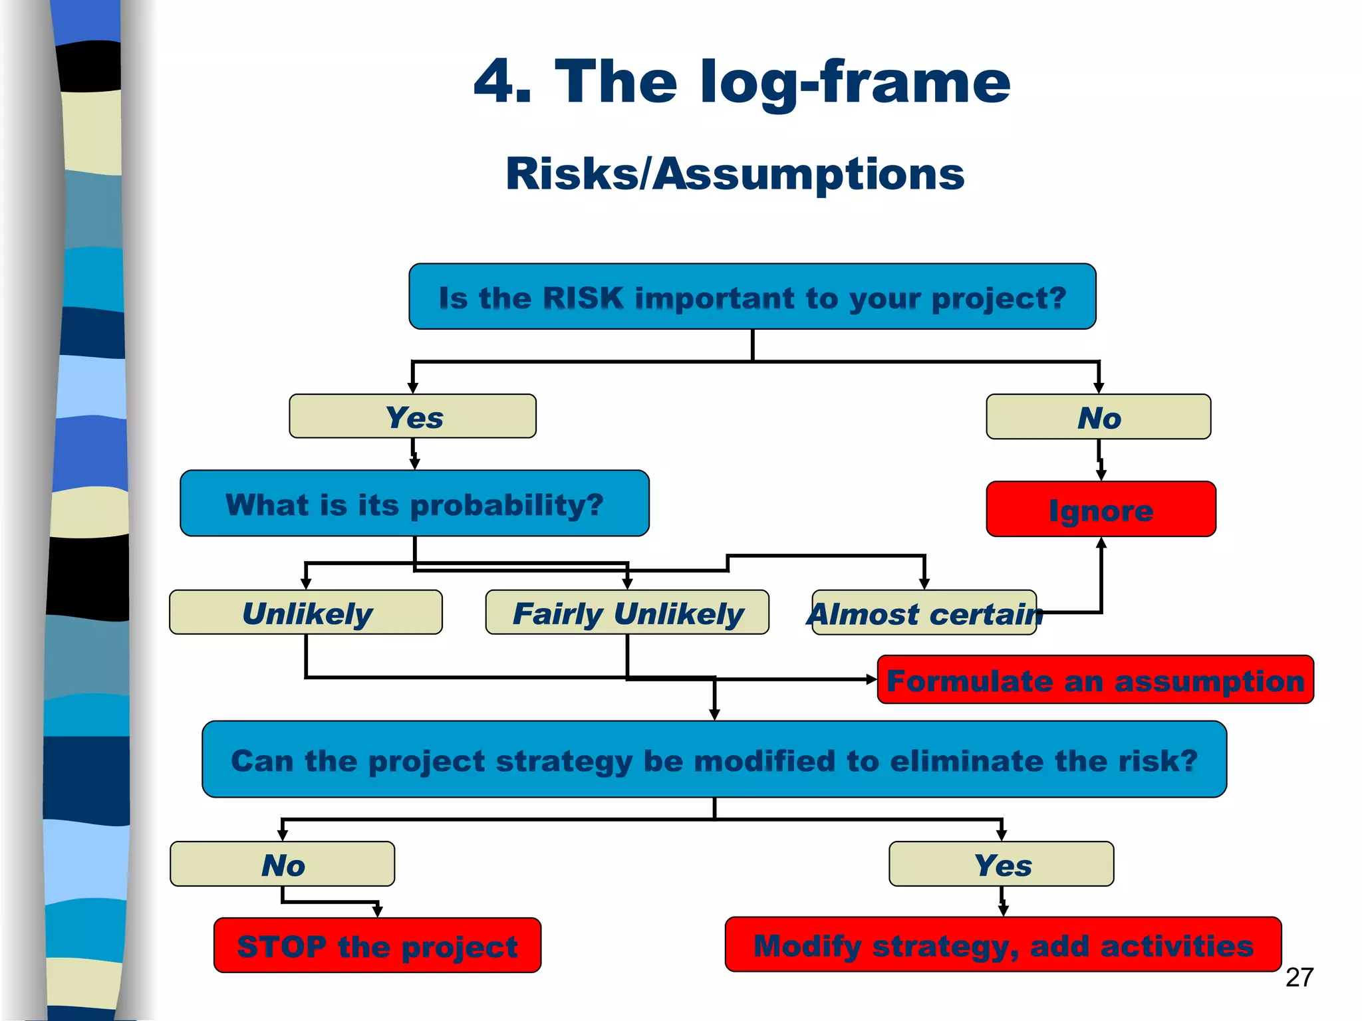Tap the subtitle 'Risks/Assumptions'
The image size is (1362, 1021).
(x=735, y=174)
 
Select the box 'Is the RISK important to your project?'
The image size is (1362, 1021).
(x=752, y=296)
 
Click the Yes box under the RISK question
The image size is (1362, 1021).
(x=412, y=417)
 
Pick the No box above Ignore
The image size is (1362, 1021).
(x=1098, y=417)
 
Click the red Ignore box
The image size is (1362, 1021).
(x=1101, y=510)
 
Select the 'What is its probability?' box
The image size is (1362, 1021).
(x=414, y=504)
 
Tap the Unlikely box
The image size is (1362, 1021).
(x=306, y=612)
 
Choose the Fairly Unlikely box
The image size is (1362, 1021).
(x=627, y=612)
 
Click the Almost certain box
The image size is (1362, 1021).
(x=924, y=613)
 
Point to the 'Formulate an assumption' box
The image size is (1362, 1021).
(x=1095, y=680)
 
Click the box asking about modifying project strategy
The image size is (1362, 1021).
(x=714, y=760)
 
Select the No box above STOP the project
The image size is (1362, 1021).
(x=282, y=864)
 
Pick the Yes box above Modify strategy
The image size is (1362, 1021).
(x=1002, y=864)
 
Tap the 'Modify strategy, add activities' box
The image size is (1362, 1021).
(x=1003, y=945)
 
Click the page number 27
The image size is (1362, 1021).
(x=1299, y=977)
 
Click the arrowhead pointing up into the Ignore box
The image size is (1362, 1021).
(x=1101, y=542)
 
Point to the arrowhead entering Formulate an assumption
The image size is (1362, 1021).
(x=871, y=679)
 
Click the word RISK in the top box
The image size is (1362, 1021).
(x=583, y=298)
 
